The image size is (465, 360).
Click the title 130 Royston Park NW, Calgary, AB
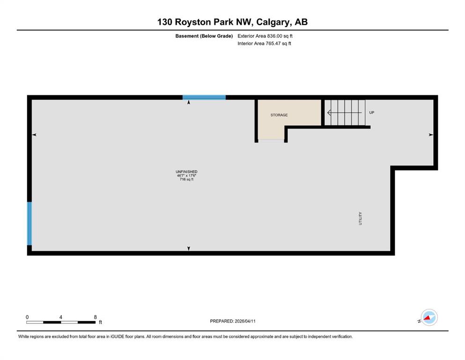232,22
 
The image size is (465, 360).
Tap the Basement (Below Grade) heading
204,36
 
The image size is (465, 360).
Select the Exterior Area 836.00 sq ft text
265,36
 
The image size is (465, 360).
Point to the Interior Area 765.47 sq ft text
264,43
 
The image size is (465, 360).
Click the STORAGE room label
279,115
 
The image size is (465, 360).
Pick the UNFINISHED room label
186,172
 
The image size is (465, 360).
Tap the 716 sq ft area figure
186,179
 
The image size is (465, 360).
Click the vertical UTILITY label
360,218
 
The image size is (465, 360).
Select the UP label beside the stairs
372,112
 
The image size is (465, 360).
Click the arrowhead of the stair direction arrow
329,113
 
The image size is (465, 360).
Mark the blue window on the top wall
204,97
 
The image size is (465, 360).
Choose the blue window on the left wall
30,224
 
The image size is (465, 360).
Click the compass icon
429,317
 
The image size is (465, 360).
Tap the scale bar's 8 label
95,317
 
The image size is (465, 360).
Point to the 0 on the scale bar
27,317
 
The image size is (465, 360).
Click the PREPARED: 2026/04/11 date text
232,321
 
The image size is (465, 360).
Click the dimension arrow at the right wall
431,135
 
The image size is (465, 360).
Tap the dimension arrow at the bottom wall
189,248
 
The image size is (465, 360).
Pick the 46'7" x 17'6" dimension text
186,175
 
